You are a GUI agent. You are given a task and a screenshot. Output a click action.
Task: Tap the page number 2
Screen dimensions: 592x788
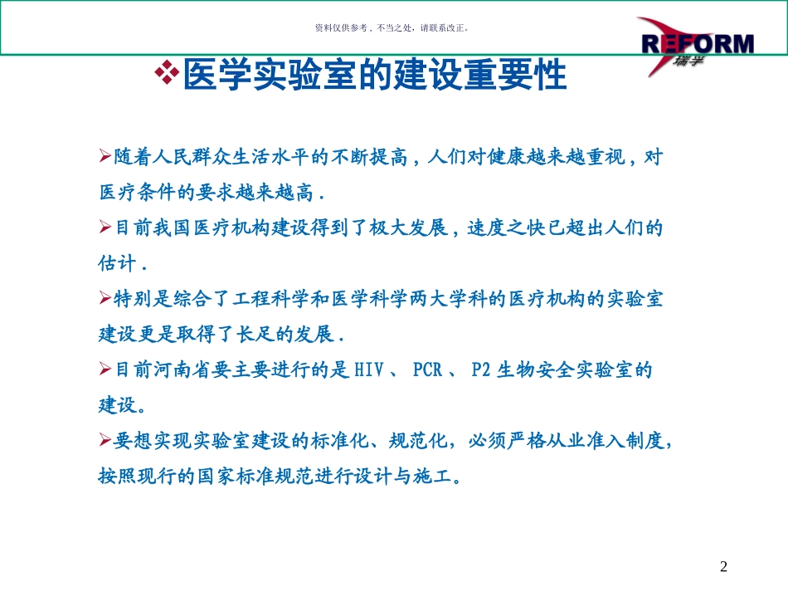point(723,567)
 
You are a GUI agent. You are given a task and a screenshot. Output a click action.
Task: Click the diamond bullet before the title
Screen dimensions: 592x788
point(168,73)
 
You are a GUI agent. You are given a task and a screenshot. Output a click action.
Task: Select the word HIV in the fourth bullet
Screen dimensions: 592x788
point(370,370)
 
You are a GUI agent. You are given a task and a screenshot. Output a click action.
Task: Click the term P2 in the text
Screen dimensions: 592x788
point(482,370)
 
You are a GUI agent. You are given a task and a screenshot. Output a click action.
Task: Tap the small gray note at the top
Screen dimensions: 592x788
point(393,27)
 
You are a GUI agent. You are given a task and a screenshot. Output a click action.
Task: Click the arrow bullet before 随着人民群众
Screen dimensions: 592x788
point(105,155)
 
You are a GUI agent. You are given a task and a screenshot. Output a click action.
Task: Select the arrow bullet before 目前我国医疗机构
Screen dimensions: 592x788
point(105,227)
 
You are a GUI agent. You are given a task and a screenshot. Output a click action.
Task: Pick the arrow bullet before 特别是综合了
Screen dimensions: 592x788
point(105,298)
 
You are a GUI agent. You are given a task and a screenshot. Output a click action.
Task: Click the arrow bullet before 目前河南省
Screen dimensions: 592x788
point(105,369)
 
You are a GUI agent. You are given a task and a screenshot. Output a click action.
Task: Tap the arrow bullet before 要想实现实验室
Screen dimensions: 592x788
point(105,441)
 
